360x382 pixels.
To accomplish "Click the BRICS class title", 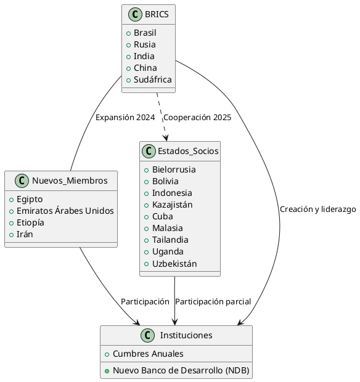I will [x=157, y=15].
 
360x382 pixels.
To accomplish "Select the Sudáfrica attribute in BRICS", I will [x=152, y=79].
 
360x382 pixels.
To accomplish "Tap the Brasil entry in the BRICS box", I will [x=145, y=33].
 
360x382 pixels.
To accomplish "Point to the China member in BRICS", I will [x=145, y=68].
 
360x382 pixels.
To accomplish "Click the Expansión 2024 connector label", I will [x=125, y=118].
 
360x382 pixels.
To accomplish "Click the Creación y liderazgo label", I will [x=317, y=209].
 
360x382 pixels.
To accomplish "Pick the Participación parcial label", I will [x=213, y=302].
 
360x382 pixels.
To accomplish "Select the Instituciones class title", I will [x=186, y=336].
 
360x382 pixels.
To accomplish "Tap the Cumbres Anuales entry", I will [x=147, y=354].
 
